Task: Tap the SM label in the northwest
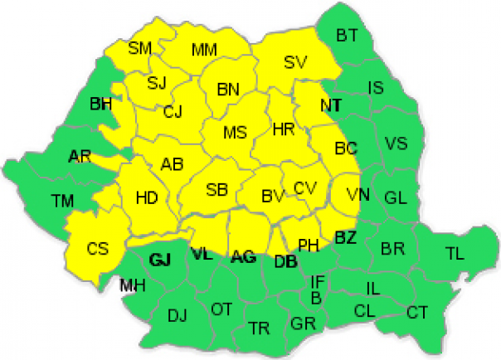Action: click(139, 48)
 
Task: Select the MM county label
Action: click(204, 50)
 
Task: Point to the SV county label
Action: click(295, 61)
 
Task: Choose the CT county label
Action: click(417, 313)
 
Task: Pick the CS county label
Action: click(97, 248)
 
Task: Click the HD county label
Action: click(146, 197)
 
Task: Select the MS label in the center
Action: click(236, 131)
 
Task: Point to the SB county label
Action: click(216, 190)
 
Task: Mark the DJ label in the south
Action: click(177, 314)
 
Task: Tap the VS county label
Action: click(396, 143)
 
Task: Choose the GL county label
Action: click(396, 197)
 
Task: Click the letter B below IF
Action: click(316, 297)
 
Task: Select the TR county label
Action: click(259, 328)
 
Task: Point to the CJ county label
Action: click(173, 111)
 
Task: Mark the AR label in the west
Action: click(80, 156)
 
